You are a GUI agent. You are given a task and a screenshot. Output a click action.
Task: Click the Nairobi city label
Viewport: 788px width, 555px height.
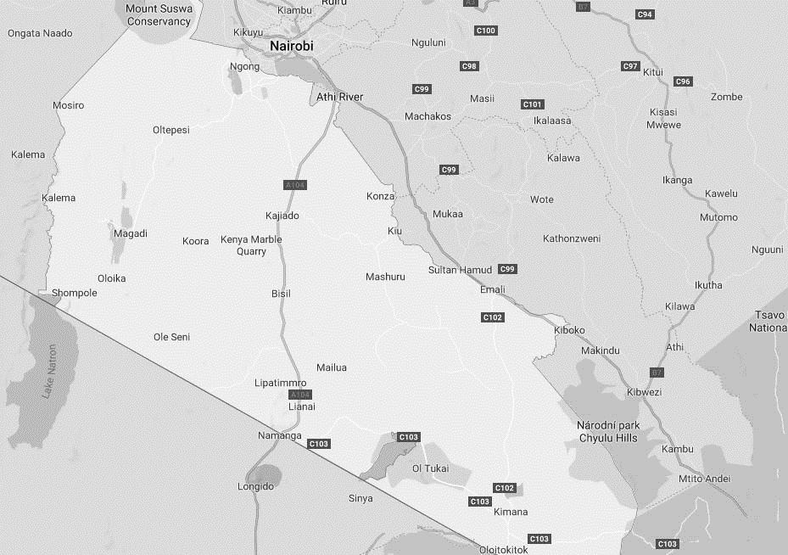click(x=291, y=46)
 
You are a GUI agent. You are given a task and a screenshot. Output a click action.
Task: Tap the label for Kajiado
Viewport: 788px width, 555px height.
click(x=282, y=216)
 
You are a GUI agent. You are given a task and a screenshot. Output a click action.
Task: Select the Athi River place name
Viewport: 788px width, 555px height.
click(x=339, y=97)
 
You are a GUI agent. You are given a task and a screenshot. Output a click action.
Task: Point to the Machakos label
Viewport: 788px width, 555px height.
click(x=428, y=116)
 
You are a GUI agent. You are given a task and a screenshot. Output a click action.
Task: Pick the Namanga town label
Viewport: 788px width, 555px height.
click(x=279, y=435)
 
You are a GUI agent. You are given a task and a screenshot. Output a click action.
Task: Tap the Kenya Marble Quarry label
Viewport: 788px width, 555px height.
click(x=251, y=245)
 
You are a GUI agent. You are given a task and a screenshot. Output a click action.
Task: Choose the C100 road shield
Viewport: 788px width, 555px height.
click(x=485, y=31)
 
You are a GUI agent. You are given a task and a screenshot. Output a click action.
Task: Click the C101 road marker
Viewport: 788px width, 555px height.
click(x=532, y=104)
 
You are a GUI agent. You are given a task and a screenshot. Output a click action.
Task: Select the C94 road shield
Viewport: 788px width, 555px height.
click(x=645, y=14)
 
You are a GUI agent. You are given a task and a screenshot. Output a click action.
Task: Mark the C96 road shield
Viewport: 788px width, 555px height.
click(x=683, y=81)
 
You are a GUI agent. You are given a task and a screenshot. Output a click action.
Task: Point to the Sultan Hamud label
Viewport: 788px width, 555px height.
click(x=460, y=270)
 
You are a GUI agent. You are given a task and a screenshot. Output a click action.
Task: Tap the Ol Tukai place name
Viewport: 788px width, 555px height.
click(x=429, y=468)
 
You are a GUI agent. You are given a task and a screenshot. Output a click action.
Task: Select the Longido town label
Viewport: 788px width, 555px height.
click(x=255, y=486)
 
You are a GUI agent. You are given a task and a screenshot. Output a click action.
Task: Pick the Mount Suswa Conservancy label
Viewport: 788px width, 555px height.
click(x=159, y=15)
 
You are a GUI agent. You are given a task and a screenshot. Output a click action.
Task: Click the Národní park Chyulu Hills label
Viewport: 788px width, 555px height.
click(x=607, y=431)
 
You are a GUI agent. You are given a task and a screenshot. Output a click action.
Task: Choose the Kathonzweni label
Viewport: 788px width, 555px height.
click(x=572, y=238)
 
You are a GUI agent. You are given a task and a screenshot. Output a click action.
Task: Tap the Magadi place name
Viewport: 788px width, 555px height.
click(x=130, y=233)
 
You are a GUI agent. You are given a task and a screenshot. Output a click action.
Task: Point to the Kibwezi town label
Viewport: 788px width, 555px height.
click(x=643, y=392)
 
